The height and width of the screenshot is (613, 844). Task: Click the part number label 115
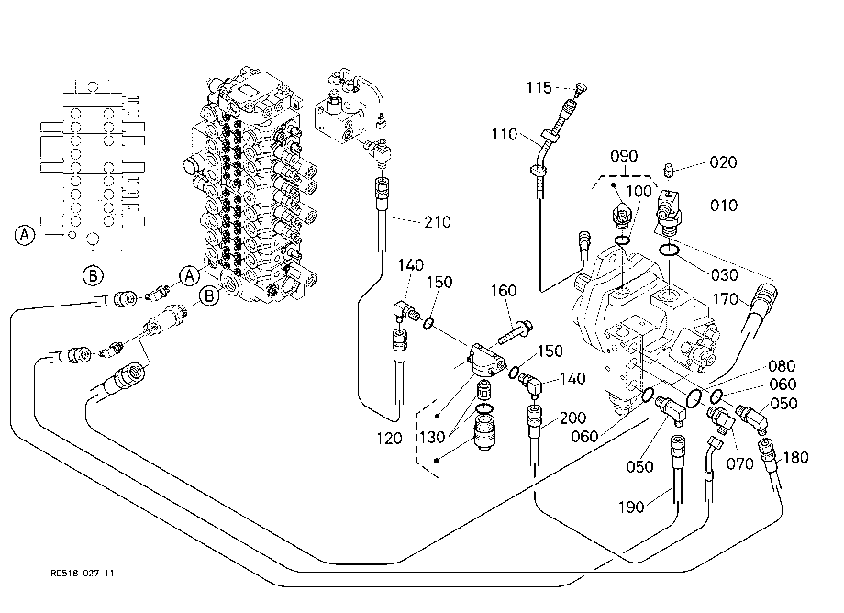click(x=539, y=87)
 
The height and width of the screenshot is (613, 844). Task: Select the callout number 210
click(x=438, y=222)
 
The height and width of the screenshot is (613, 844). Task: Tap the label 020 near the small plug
click(x=723, y=162)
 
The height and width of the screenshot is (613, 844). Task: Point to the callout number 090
click(x=624, y=156)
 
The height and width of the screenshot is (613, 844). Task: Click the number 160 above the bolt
click(x=504, y=291)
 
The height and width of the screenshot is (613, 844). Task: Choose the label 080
click(x=782, y=366)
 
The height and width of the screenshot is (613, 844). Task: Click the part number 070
click(x=739, y=463)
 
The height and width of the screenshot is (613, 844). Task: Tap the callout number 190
click(x=631, y=507)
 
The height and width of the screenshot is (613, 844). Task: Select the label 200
click(x=572, y=418)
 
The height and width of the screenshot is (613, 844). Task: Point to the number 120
click(x=389, y=439)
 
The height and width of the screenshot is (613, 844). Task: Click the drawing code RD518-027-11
click(x=83, y=574)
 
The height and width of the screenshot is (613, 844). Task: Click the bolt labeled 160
click(x=516, y=332)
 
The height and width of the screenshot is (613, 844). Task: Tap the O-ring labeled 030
click(x=669, y=250)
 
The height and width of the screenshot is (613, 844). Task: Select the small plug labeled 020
click(x=670, y=170)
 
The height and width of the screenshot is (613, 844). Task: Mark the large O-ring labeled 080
click(x=694, y=399)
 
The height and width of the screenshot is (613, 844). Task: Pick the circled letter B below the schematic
click(x=93, y=275)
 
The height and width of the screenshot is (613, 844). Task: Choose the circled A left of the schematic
click(x=24, y=235)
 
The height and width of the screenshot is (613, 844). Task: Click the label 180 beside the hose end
click(x=795, y=458)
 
